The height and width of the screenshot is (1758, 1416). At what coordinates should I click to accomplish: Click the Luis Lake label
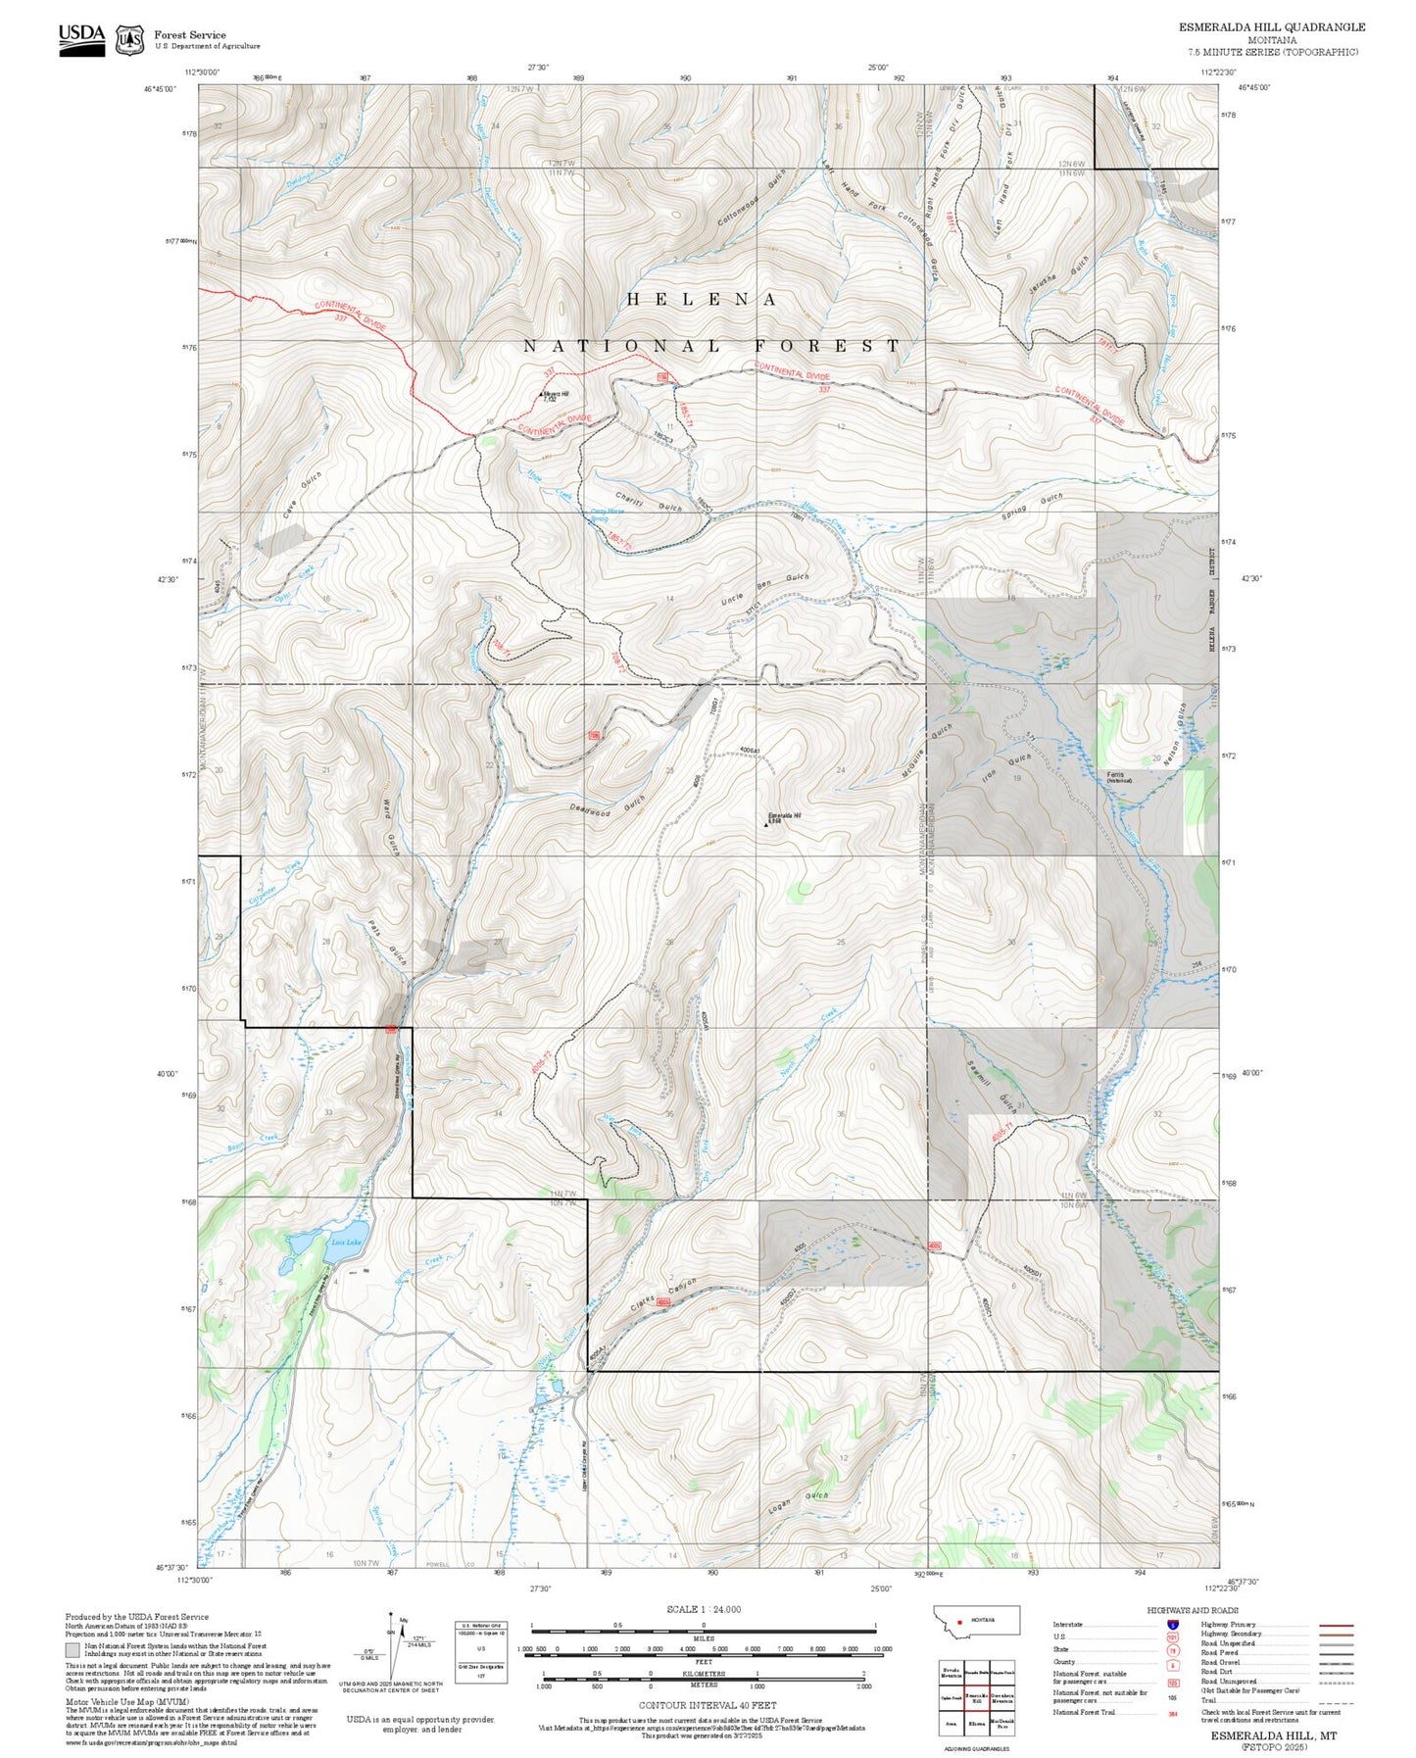point(340,1242)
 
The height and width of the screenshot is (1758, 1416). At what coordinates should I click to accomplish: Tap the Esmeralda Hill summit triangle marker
point(765,824)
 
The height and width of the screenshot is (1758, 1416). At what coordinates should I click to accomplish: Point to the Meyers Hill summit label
point(555,395)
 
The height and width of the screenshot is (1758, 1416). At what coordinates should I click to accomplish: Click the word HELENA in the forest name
point(702,300)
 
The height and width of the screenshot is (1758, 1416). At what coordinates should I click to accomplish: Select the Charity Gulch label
point(648,500)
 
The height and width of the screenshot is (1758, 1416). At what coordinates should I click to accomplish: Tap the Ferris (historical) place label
point(1119,777)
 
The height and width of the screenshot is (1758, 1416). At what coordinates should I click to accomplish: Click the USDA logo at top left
point(81,38)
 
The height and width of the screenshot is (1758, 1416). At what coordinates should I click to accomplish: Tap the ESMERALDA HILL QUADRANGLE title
point(1271,27)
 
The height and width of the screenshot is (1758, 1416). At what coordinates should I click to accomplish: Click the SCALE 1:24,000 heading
point(703,1609)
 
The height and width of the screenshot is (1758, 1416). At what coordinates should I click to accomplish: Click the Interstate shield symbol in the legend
point(1172,1624)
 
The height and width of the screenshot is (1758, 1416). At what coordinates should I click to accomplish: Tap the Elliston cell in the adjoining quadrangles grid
point(976,1723)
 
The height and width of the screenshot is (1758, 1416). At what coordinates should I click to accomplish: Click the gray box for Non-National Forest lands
point(73,1650)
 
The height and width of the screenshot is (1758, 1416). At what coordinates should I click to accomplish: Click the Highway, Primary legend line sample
point(1337,1624)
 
